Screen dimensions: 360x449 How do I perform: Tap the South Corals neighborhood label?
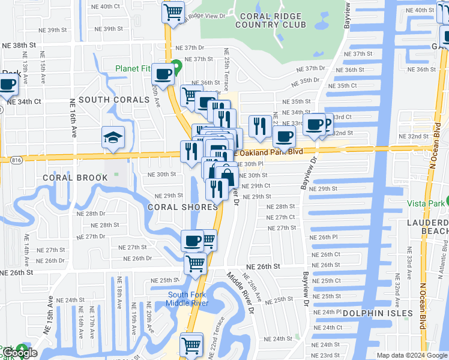coord(114,100)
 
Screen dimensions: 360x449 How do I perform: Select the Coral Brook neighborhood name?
coord(75,178)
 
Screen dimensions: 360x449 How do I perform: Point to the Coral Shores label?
coord(183,207)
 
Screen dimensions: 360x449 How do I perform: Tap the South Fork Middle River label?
coord(188,299)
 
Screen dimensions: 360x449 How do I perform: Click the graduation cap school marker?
coord(113,138)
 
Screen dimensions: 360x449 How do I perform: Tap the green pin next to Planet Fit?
coord(176,66)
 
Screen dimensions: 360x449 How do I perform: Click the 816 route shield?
coord(15,160)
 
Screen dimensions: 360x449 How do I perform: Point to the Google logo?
coord(20,353)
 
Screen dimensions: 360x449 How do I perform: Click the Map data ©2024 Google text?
coord(412,355)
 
